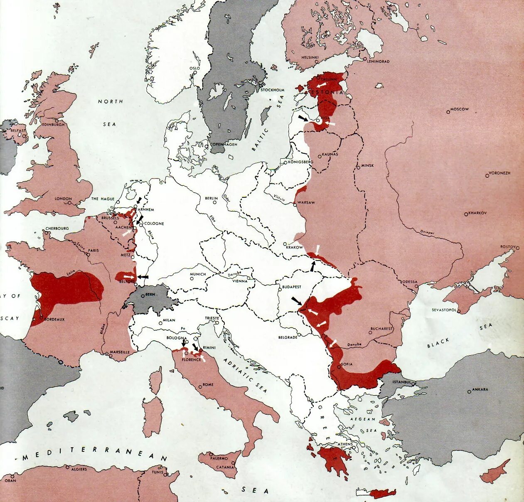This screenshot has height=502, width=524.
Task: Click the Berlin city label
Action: pyautogui.click(x=211, y=199)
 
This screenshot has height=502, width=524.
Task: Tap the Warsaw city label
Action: pyautogui.click(x=307, y=203)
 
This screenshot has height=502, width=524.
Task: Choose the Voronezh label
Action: pyautogui.click(x=499, y=173)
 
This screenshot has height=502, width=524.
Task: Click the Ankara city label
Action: pyautogui.click(x=480, y=390)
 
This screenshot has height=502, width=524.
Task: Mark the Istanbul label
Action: pyautogui.click(x=402, y=382)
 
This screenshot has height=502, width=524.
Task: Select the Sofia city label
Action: pyautogui.click(x=347, y=364)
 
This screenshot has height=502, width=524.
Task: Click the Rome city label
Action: pyautogui.click(x=208, y=385)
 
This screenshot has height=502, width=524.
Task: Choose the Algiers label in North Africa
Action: pyautogui.click(x=79, y=469)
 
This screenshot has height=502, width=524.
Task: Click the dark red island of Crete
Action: pyautogui.click(x=382, y=494)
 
